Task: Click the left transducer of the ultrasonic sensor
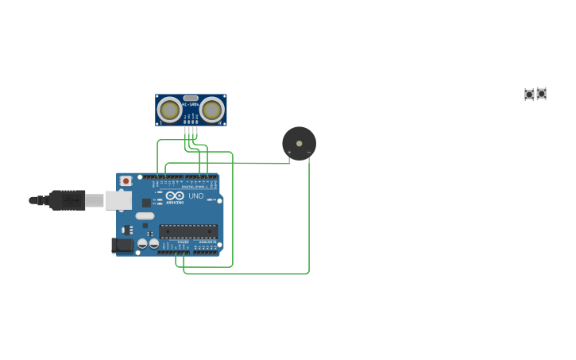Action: tap(169, 109)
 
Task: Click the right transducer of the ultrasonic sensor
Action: tap(212, 109)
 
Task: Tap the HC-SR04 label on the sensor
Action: tap(191, 104)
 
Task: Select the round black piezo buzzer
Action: tap(299, 143)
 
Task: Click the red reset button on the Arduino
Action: tap(126, 181)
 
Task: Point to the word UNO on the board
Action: tap(195, 195)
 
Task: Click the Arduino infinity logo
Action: tap(175, 195)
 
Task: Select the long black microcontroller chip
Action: tap(188, 231)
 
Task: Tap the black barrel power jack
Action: tap(122, 246)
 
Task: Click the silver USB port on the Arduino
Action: tap(118, 200)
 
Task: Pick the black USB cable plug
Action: tap(68, 200)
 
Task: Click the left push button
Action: tap(529, 95)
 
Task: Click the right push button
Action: tap(541, 94)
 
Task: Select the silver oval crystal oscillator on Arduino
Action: tap(145, 216)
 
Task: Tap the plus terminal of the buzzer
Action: tap(289, 152)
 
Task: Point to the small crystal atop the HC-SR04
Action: tap(191, 98)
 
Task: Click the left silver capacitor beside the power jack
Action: tap(143, 243)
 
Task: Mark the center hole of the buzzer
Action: tap(299, 143)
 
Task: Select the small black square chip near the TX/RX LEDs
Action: tap(146, 203)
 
